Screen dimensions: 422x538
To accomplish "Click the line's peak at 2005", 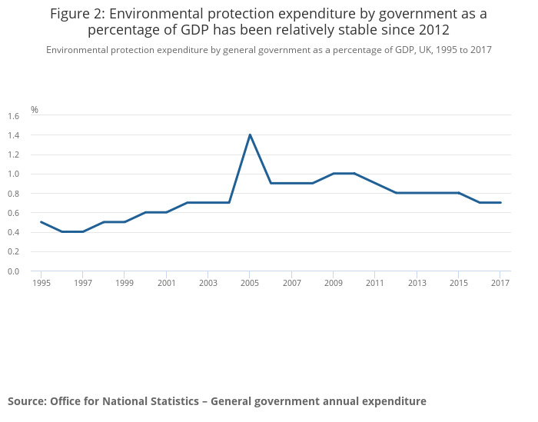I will pyautogui.click(x=250, y=135).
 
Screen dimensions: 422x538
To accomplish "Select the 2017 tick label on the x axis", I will pyautogui.click(x=500, y=283).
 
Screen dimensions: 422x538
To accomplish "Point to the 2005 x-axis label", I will pyautogui.click(x=250, y=283).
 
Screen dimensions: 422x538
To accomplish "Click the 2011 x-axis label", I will pyautogui.click(x=375, y=283).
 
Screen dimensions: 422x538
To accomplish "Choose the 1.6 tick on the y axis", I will pyautogui.click(x=13, y=116).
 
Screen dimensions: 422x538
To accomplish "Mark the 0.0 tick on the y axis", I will pyautogui.click(x=13, y=271).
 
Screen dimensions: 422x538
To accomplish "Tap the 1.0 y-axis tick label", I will pyautogui.click(x=13, y=174).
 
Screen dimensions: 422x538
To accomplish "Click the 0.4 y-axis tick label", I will pyautogui.click(x=13, y=232).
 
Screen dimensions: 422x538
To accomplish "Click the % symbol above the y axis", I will pyautogui.click(x=35, y=110).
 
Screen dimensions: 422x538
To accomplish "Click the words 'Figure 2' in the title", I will pyautogui.click(x=76, y=14).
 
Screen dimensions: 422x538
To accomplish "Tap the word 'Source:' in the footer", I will pyautogui.click(x=27, y=401).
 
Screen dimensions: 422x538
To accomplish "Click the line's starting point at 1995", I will pyautogui.click(x=41, y=222).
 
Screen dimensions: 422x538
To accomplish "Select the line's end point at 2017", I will pyautogui.click(x=500, y=203).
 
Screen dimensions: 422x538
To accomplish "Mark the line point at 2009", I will pyautogui.click(x=334, y=174).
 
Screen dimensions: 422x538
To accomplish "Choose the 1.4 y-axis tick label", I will pyautogui.click(x=13, y=135).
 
